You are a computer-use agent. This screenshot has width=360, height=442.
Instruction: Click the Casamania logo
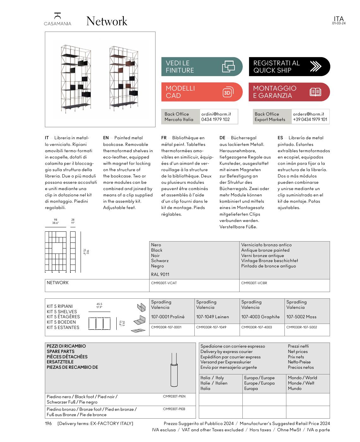58,19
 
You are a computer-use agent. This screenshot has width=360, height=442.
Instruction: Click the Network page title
107,21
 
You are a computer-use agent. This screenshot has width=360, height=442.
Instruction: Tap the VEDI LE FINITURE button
202,67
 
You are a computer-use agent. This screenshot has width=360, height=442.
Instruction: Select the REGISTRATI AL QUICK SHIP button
289,67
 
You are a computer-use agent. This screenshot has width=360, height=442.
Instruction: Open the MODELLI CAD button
202,92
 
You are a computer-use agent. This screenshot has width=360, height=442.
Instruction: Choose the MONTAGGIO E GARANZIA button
289,92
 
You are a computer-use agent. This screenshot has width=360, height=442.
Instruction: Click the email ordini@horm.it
216,114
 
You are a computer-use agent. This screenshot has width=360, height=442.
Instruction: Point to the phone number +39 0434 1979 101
310,119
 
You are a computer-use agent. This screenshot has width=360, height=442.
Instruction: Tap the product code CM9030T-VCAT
164,283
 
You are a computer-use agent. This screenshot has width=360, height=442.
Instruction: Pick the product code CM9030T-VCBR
254,283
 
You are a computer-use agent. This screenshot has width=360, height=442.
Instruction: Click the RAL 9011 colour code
160,274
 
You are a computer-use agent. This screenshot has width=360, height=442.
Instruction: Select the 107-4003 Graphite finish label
260,317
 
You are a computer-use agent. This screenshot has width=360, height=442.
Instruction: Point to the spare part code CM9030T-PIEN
174,396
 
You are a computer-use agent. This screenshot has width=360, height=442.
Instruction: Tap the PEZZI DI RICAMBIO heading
66,346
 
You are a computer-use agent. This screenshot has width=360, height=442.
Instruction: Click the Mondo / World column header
302,378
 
